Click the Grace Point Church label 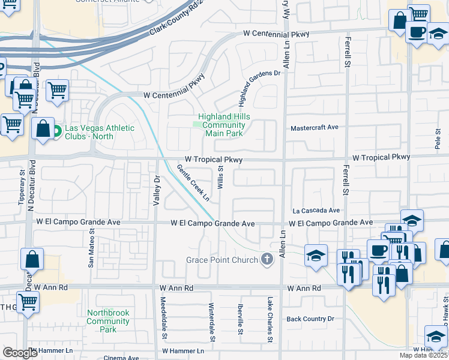(x=221, y=260)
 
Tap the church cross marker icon (x=268, y=260)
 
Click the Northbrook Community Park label (x=108, y=321)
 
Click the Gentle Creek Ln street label (x=193, y=182)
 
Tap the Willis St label (x=220, y=179)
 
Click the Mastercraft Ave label (x=315, y=128)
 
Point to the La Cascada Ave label (x=316, y=211)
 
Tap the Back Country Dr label (x=310, y=319)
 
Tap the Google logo (x=20, y=353)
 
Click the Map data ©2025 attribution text (x=424, y=355)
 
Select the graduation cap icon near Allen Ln (x=316, y=256)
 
